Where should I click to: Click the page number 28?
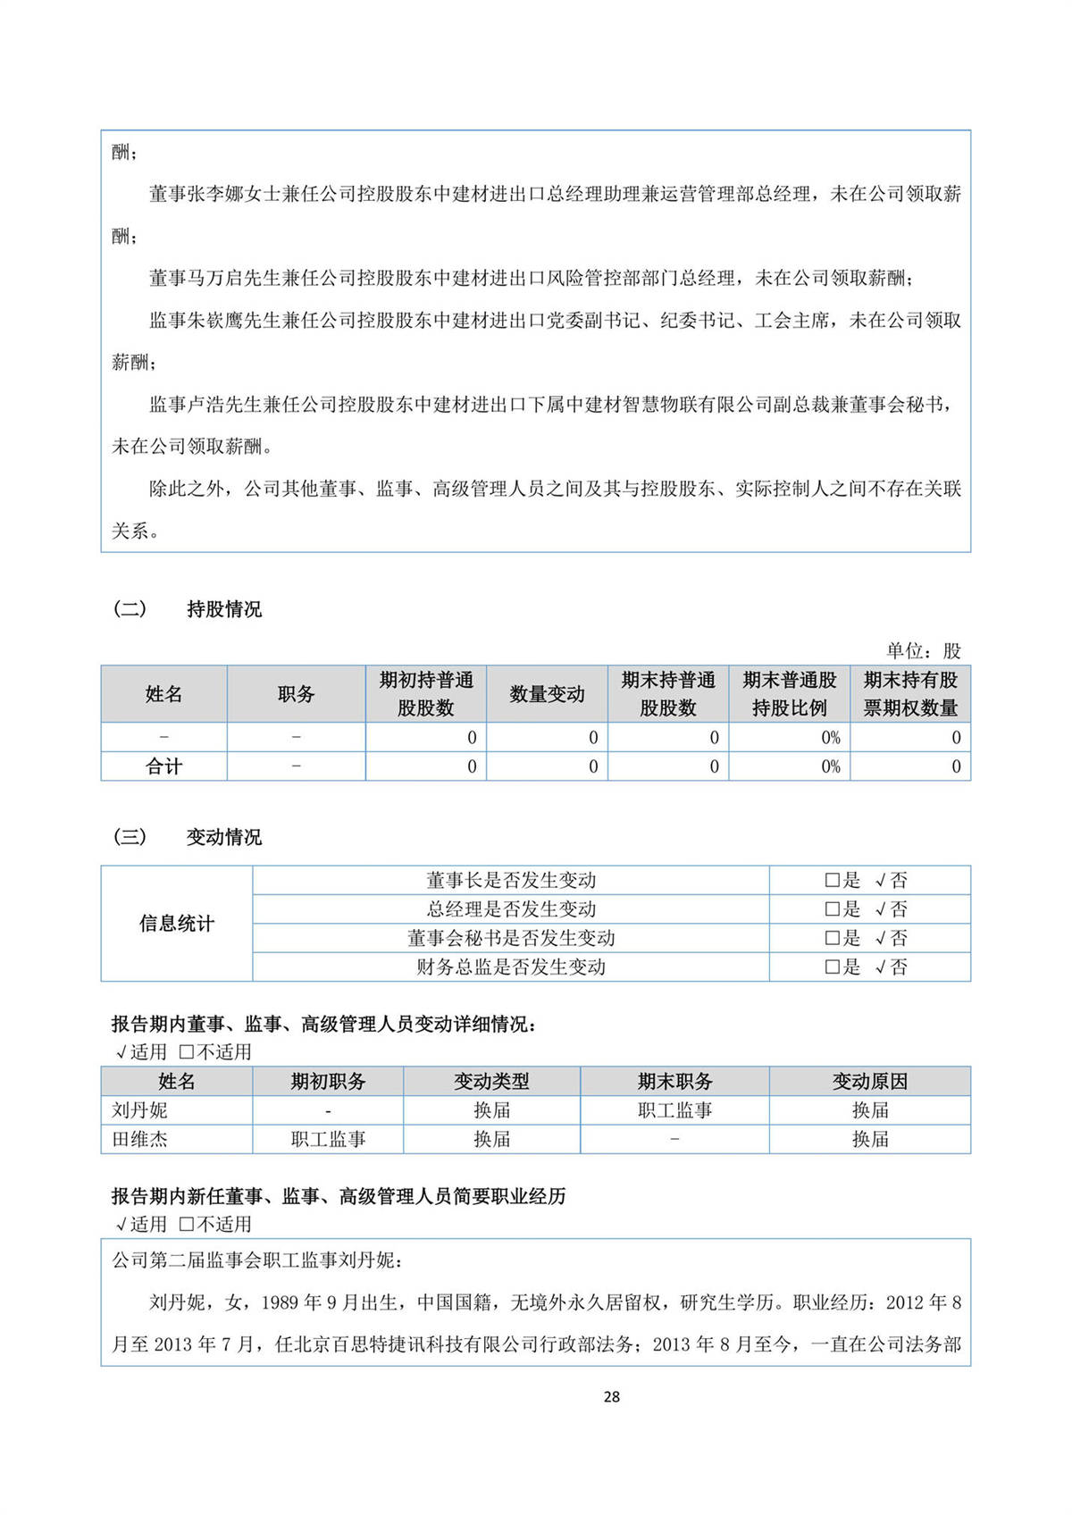tap(611, 1396)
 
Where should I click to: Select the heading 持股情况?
tap(223, 609)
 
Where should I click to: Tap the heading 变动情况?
tap(223, 837)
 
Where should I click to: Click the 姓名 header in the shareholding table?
tap(163, 694)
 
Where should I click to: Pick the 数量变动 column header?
tap(547, 694)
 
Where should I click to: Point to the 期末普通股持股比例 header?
tap(789, 694)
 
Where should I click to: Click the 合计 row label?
tap(163, 766)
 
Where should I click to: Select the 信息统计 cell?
tap(176, 924)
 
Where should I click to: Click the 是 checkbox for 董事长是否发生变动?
tap(832, 881)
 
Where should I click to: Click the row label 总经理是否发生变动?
tap(510, 909)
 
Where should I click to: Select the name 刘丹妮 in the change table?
tap(139, 1110)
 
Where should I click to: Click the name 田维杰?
tap(139, 1139)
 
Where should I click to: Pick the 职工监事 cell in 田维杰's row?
tap(328, 1139)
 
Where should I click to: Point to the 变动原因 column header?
tap(869, 1081)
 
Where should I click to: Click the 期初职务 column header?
tap(328, 1081)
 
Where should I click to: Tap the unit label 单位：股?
tap(923, 650)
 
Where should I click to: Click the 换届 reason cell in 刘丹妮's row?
tap(869, 1110)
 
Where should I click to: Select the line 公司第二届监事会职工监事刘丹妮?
tap(257, 1260)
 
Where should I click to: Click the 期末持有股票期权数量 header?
tap(909, 694)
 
